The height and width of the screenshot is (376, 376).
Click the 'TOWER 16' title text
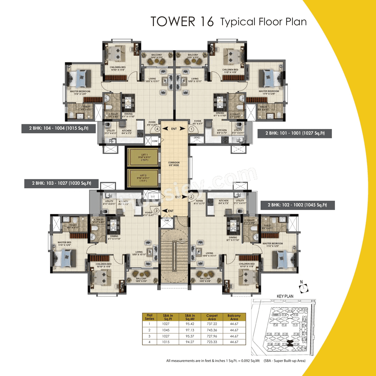(x=182, y=22)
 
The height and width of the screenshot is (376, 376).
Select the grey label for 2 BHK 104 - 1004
(x=58, y=128)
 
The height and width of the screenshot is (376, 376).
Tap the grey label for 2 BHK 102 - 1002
(x=297, y=205)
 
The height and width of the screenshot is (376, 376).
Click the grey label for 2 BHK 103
(x=61, y=183)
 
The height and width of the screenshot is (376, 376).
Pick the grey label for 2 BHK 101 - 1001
(x=295, y=133)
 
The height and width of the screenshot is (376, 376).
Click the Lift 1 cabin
(x=144, y=157)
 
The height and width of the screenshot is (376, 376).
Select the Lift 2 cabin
(x=143, y=178)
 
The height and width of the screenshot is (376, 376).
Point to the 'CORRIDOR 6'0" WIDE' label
(x=174, y=164)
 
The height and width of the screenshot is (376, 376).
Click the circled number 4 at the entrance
(x=157, y=129)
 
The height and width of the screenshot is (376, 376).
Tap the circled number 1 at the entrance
(x=191, y=129)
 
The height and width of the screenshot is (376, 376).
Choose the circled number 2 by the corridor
(x=191, y=197)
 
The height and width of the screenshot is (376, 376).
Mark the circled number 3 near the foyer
(x=157, y=211)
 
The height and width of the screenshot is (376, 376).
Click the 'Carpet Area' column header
(x=212, y=317)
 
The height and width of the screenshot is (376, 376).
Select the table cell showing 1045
(x=166, y=330)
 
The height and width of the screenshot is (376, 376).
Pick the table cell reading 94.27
(x=190, y=342)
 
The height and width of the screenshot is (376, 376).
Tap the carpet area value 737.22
(x=212, y=324)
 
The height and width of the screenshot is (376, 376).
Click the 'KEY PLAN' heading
(x=285, y=296)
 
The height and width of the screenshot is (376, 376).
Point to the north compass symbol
(x=304, y=288)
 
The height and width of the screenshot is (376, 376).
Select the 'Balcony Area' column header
(x=234, y=317)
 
